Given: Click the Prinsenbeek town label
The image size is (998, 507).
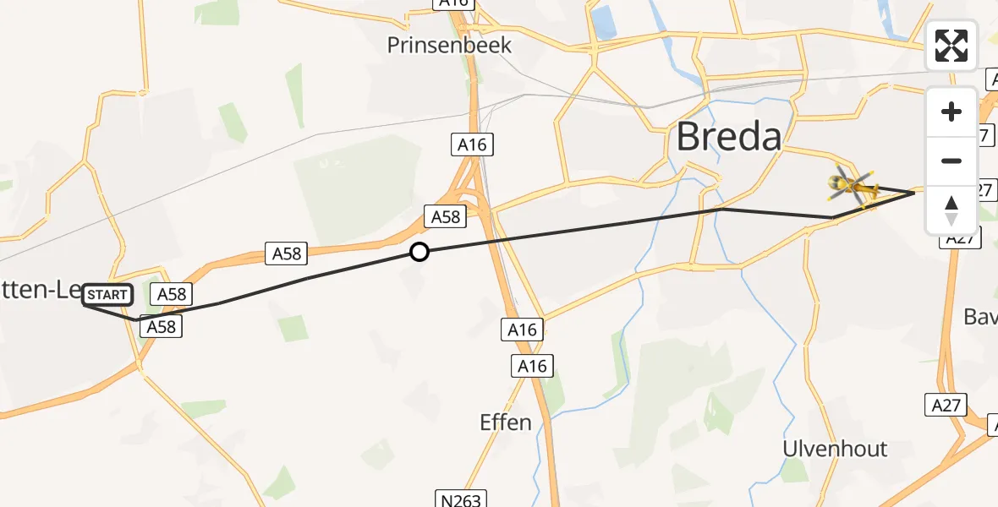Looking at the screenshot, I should pyautogui.click(x=449, y=45).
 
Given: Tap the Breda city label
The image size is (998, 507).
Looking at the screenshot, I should pyautogui.click(x=728, y=136).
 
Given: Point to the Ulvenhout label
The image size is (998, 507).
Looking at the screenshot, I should pyautogui.click(x=835, y=448).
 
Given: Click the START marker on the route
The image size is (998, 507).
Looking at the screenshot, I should pyautogui.click(x=107, y=295).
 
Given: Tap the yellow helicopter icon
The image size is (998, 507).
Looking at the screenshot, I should pyautogui.click(x=853, y=184).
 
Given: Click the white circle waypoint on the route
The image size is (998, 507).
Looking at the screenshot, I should pyautogui.click(x=419, y=252).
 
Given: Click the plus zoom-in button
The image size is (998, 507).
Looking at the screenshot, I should pyautogui.click(x=951, y=112).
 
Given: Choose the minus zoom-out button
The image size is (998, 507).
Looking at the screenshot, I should pyautogui.click(x=951, y=161).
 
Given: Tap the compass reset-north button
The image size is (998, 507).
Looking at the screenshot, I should pyautogui.click(x=951, y=210).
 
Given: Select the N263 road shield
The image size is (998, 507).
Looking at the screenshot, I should pyautogui.click(x=461, y=498).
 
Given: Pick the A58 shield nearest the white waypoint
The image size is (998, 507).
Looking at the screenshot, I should pyautogui.click(x=446, y=217).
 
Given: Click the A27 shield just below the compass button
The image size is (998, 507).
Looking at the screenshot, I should pyautogui.click(x=960, y=239).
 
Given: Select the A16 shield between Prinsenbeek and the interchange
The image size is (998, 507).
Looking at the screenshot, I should pyautogui.click(x=472, y=145).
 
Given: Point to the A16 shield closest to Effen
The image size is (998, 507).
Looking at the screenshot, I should pyautogui.click(x=531, y=366).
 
